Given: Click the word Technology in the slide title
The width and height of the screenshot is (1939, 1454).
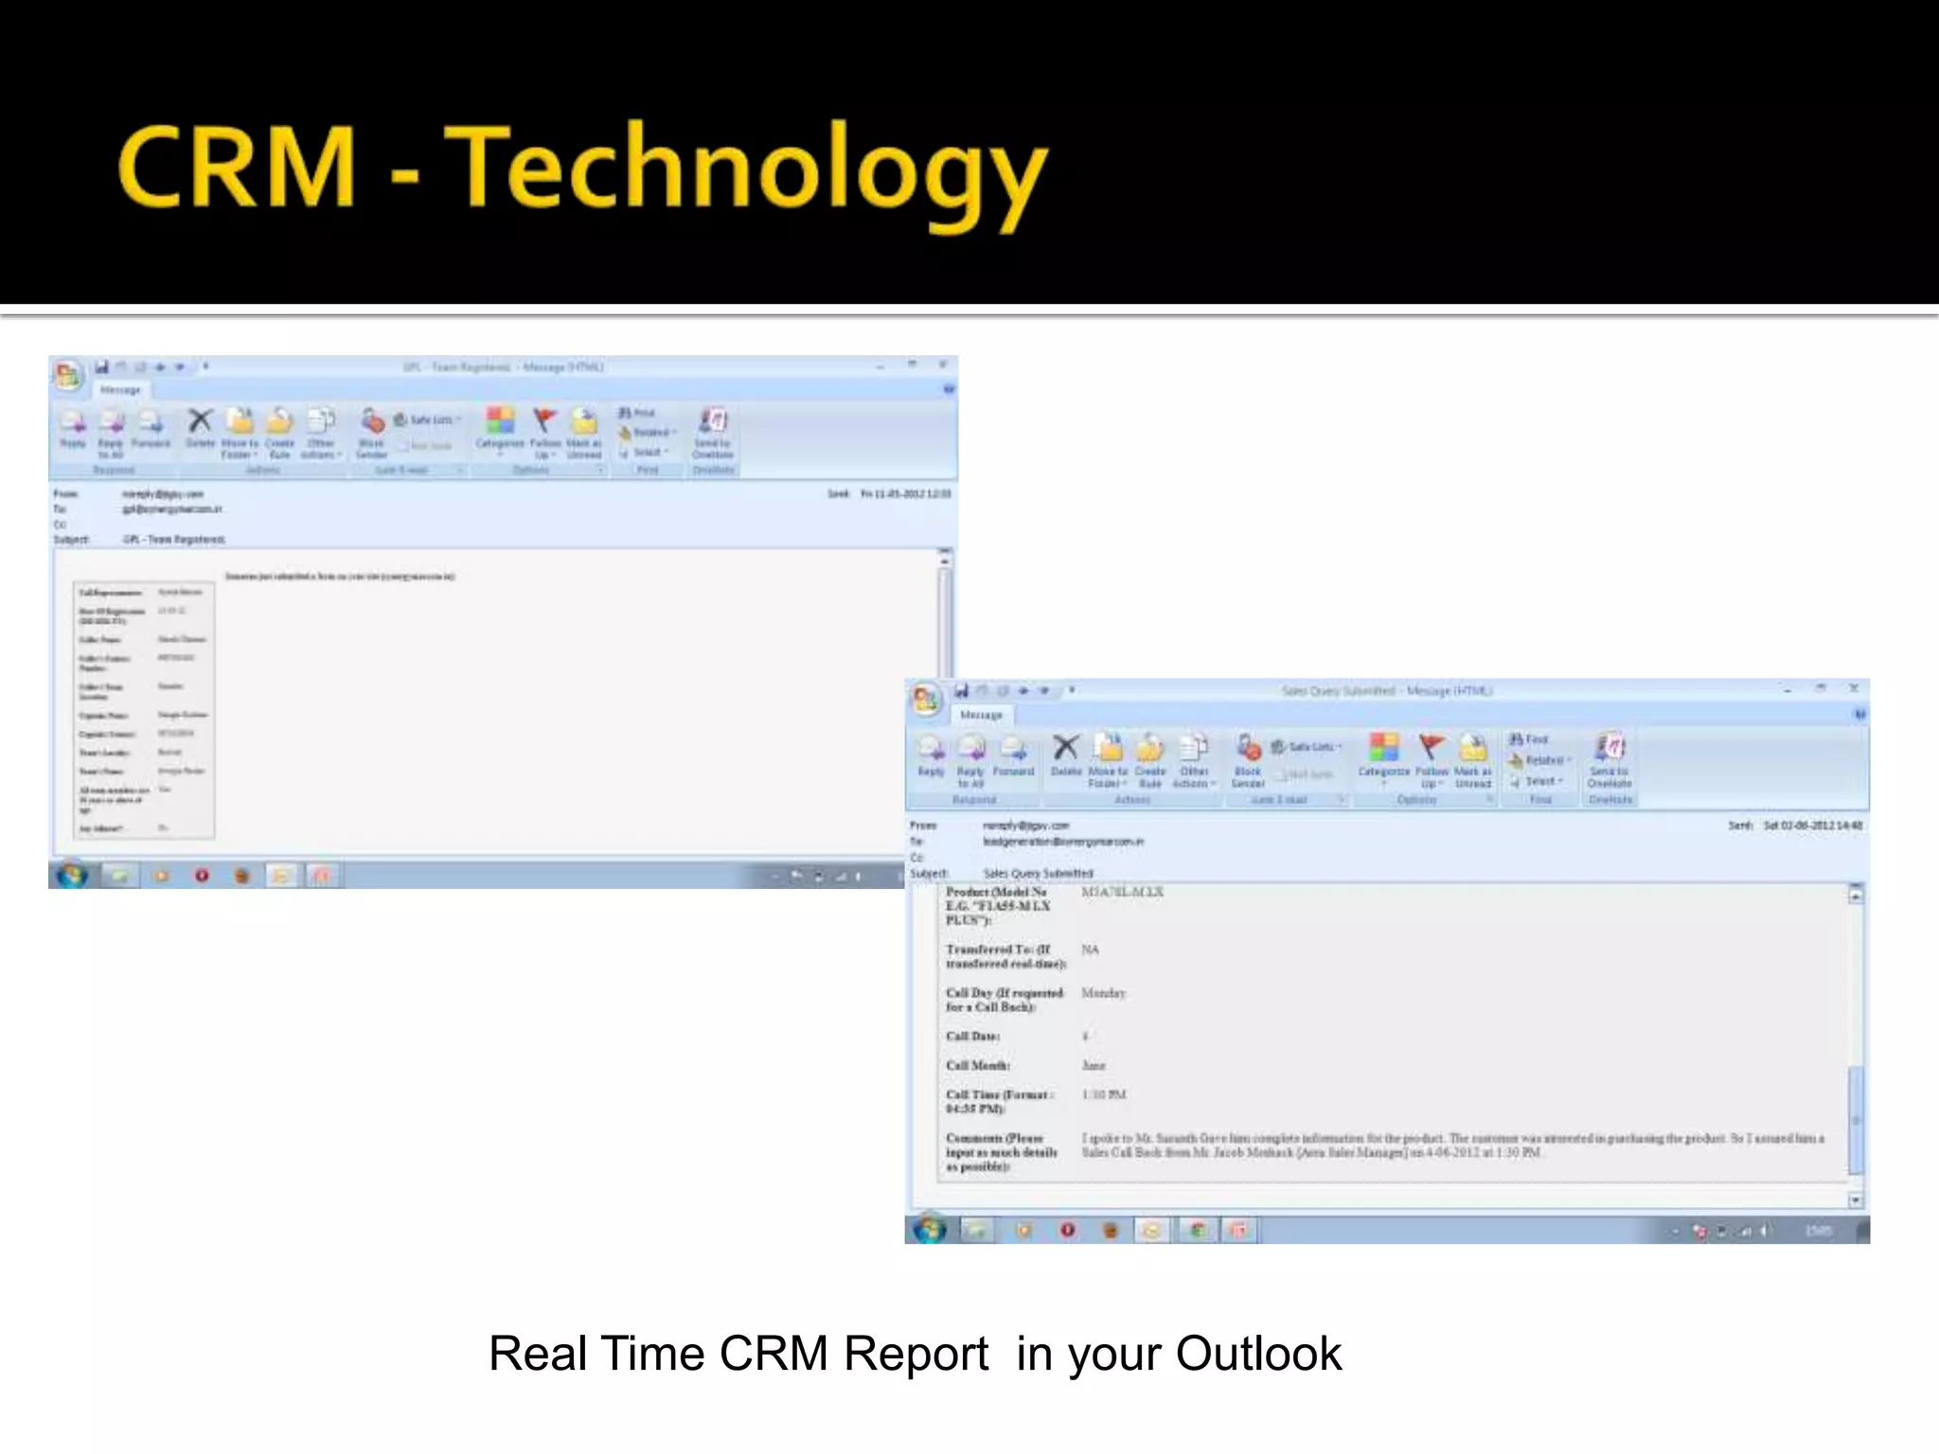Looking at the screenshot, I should (745, 170).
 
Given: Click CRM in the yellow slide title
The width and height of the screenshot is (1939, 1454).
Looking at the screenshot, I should (237, 168).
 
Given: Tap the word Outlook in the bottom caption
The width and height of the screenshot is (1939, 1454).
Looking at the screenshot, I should (1258, 1354).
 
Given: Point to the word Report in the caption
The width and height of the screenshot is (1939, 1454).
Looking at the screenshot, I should (916, 1354).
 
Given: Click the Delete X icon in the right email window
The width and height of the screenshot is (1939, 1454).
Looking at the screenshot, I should (1065, 748).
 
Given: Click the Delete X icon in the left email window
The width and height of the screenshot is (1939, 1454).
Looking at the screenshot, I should (200, 420).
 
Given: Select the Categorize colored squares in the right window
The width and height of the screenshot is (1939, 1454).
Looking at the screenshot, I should (1383, 748).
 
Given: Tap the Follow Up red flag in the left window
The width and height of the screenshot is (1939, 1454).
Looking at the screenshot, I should (544, 420).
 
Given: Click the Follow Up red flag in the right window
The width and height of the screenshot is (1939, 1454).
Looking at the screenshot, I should (1431, 748).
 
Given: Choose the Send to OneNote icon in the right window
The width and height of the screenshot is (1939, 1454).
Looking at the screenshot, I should (1610, 748).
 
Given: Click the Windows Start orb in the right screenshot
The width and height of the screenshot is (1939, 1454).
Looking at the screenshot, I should (929, 1229).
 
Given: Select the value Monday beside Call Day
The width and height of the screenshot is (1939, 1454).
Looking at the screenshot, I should (1103, 993).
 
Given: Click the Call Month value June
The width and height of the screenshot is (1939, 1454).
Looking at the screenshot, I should (1094, 1065).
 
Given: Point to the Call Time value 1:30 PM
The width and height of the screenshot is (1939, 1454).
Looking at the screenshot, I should (1104, 1094).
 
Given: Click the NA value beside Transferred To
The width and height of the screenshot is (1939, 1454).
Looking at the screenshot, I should (1091, 949).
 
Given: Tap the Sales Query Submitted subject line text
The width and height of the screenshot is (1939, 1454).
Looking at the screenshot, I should (1038, 873).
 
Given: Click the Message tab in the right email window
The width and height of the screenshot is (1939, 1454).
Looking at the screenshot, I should (981, 715).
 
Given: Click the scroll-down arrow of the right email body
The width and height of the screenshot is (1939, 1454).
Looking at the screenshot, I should (1856, 1200).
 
